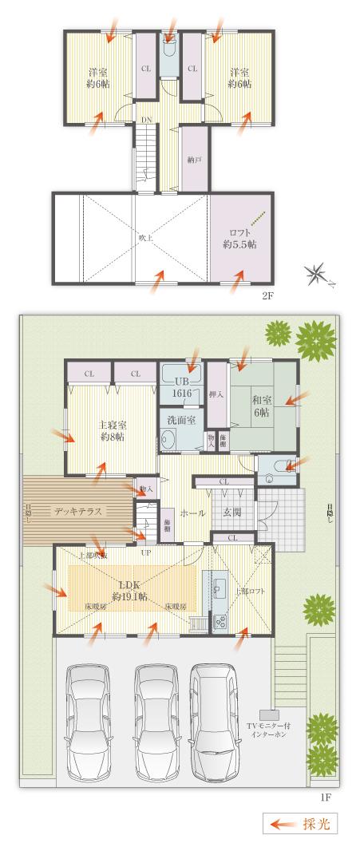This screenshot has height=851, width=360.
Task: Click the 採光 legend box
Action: pos(300,823)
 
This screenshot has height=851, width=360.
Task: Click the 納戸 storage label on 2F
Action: pos(194,160)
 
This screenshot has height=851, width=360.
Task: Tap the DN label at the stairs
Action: pos(147,121)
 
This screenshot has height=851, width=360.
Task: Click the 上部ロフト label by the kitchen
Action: pos(249,591)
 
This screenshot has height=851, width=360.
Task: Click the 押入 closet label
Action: pos(216,394)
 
